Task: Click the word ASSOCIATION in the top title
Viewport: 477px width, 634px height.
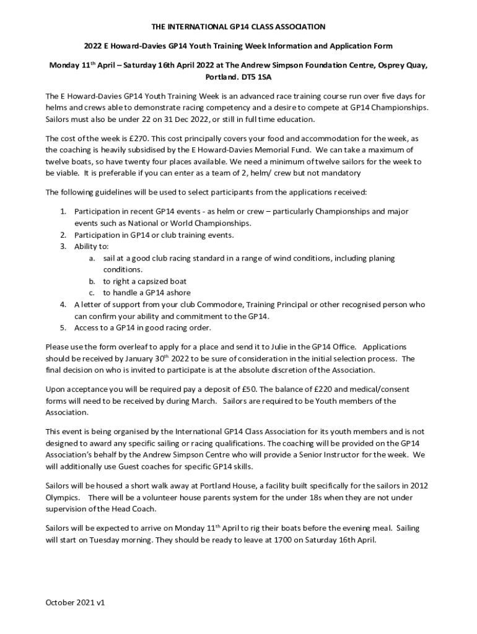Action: [296, 27]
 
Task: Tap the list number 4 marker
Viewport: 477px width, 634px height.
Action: [63, 305]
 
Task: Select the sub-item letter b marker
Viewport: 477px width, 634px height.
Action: [92, 281]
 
